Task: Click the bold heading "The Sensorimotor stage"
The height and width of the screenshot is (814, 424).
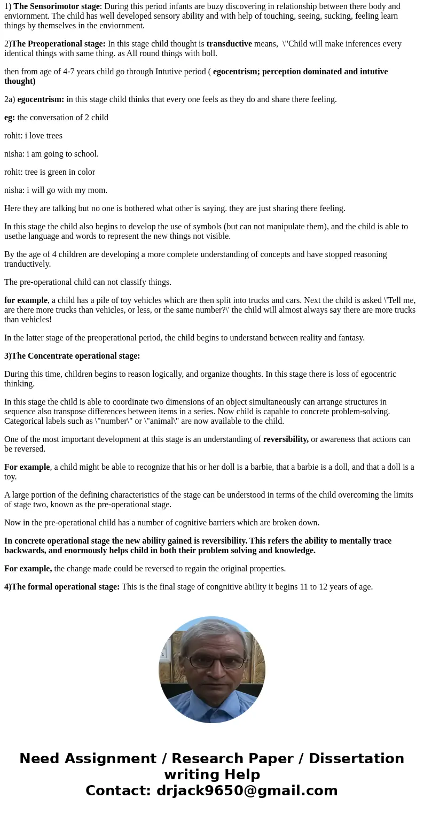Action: [x=57, y=6]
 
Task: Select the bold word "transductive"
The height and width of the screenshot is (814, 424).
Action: [x=229, y=44]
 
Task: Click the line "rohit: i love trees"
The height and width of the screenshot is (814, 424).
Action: [x=33, y=136]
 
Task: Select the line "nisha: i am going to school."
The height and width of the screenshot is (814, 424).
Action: [x=51, y=154]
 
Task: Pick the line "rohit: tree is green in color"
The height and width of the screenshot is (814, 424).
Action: [x=50, y=172]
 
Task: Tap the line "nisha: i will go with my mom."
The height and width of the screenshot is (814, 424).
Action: [x=56, y=190]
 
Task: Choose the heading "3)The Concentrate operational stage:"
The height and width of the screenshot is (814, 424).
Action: [x=72, y=356]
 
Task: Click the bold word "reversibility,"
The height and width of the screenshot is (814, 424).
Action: [x=286, y=439]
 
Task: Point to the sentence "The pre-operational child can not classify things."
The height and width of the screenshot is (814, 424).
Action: [x=88, y=282]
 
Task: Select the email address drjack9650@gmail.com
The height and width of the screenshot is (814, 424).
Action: [x=247, y=791]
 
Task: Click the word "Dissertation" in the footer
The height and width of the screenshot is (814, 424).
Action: [x=356, y=759]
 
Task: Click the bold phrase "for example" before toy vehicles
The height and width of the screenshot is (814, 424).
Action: [x=26, y=300]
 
